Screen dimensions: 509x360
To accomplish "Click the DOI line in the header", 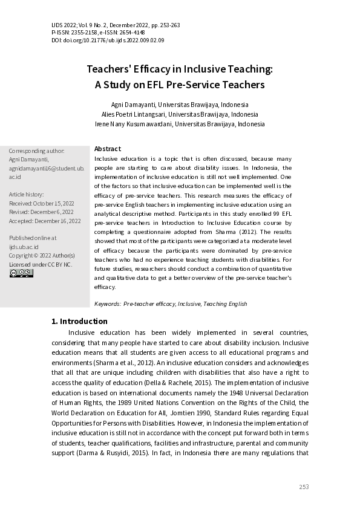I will coord(108,41).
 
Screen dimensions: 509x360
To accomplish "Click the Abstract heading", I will coord(108,149).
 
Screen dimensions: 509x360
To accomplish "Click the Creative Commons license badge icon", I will coord(21,273).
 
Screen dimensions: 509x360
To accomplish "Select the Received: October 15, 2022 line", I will coord(41,204).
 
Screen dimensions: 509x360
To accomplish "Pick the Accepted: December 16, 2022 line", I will coord(45,221).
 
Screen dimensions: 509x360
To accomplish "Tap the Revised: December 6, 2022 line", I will coord(41,212).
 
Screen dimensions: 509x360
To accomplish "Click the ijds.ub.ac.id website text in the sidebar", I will coord(24,247).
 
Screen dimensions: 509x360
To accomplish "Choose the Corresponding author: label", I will coord(36,151).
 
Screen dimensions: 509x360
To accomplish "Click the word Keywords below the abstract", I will coord(107,304).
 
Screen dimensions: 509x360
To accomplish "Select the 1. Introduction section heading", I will coord(79,321).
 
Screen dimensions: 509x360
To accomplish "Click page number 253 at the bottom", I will coord(304,487).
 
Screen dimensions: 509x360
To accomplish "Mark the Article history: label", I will coord(27,195).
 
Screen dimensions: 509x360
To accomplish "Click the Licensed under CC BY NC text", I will coord(41,264).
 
